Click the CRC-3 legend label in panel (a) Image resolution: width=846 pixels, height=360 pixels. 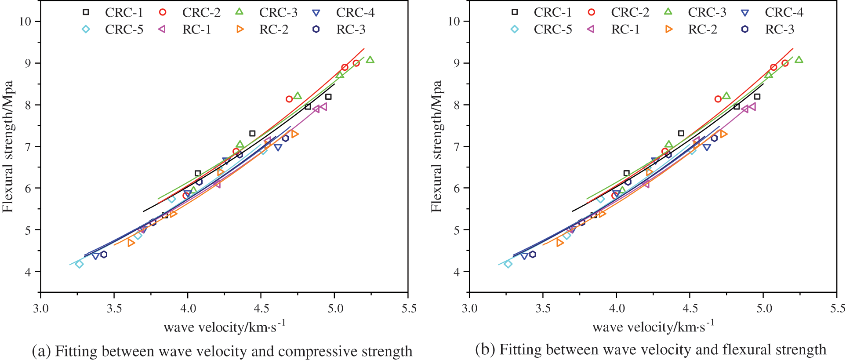pos(278,12)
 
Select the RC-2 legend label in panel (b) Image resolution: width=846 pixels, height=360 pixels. pos(702,29)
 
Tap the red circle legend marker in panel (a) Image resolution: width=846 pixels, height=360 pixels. pos(163,12)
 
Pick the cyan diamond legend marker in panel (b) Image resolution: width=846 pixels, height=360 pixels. pos(515,29)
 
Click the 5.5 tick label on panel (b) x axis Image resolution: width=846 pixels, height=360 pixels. pos(838,308)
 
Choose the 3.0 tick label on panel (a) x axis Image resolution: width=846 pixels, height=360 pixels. pos(40,308)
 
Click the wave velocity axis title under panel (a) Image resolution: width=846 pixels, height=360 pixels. pos(224,327)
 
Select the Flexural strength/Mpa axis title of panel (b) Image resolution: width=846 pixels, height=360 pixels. pos(436,146)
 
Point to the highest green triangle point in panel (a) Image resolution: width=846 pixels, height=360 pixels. pos(370,60)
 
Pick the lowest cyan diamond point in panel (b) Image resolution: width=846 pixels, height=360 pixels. pos(508,264)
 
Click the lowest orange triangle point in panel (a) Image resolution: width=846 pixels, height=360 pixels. pos(131,243)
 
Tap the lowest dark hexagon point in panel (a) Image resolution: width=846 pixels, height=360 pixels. pos(104,255)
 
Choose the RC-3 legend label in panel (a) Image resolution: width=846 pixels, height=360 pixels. pos(351,29)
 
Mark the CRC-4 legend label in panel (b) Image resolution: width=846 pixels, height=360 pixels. pos(784,12)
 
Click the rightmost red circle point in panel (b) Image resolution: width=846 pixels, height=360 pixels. pos(785,63)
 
